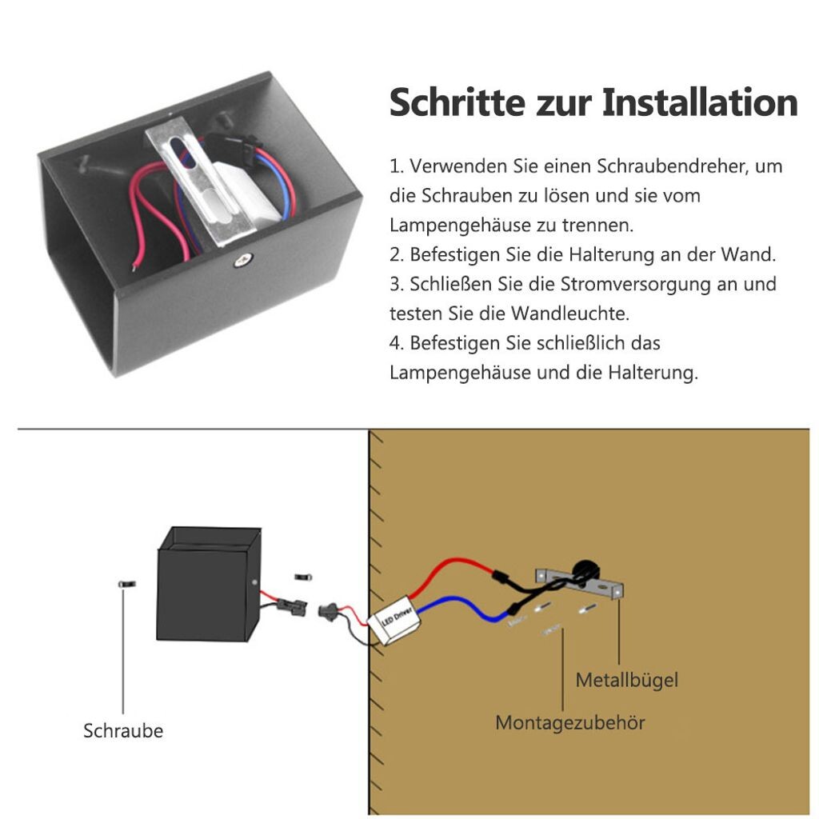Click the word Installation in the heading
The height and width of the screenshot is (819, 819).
(x=700, y=103)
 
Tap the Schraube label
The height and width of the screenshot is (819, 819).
(x=123, y=730)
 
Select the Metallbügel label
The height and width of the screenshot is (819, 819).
(x=627, y=680)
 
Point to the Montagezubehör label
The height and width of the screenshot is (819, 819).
(x=570, y=722)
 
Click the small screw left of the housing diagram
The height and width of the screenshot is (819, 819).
(x=124, y=585)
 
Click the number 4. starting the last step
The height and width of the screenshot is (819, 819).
(x=397, y=342)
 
